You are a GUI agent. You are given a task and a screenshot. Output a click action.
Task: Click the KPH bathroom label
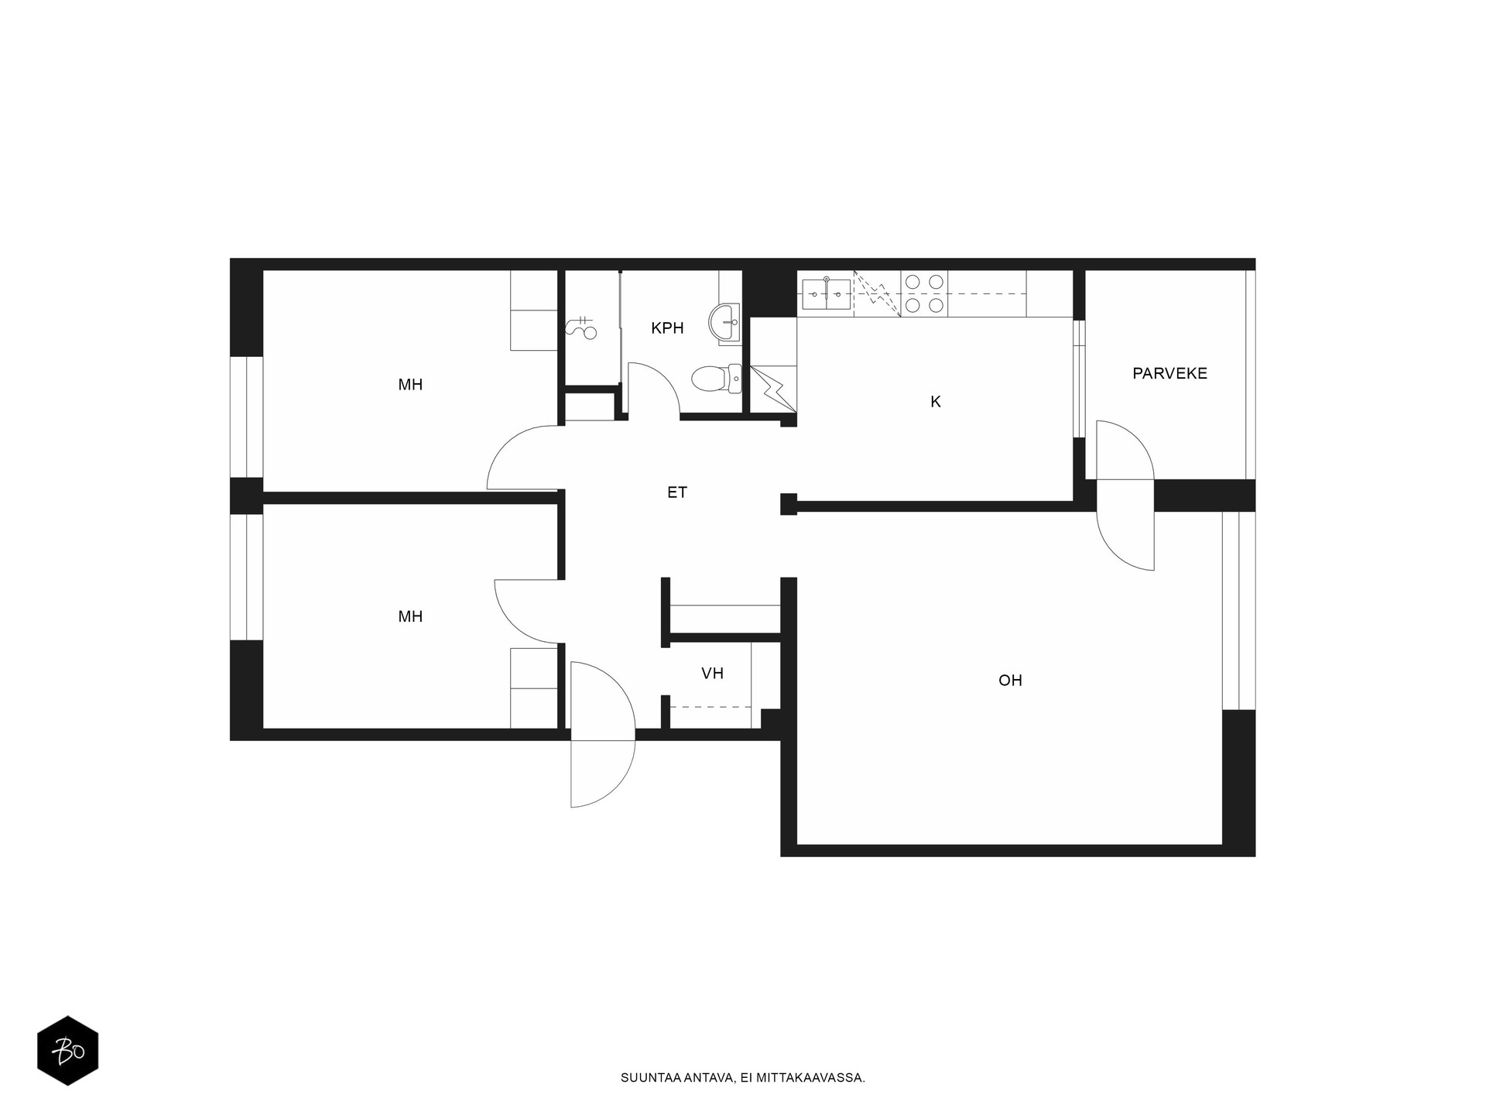[667, 328]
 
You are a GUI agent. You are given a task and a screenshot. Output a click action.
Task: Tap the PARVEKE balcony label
[1169, 373]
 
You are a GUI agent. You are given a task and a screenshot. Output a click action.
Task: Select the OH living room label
[1010, 681]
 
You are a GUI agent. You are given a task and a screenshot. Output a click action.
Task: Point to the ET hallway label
[677, 492]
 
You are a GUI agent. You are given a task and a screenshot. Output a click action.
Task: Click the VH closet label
[712, 674]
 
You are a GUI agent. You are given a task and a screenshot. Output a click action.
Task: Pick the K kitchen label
[936, 402]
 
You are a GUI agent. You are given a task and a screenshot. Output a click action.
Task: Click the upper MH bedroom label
[410, 385]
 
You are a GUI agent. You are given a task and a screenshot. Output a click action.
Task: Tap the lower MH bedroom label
[410, 617]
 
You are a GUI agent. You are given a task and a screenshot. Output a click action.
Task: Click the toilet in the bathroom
[716, 379]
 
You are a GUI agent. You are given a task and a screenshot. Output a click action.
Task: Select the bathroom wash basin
[724, 321]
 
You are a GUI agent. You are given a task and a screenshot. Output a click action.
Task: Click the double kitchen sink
[826, 293]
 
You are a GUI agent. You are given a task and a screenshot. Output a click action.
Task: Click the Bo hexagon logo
[68, 1050]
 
